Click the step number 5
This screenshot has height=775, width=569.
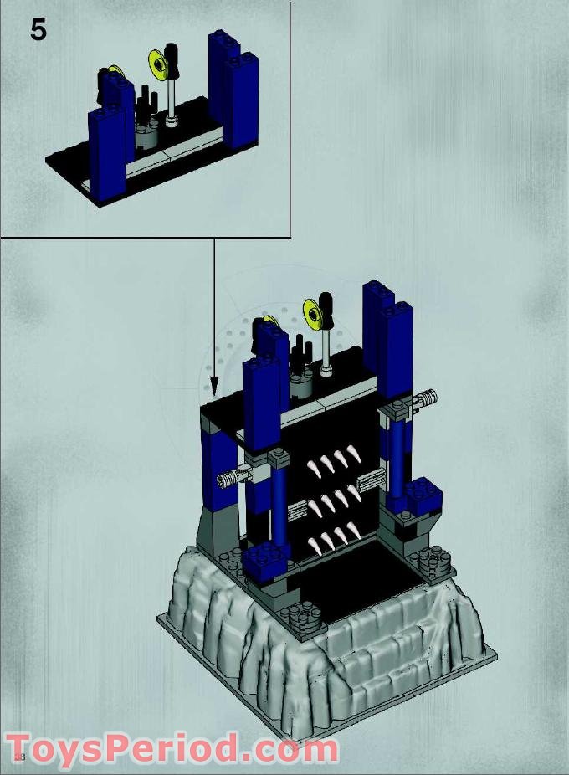point(38,30)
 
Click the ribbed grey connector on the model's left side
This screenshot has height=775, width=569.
point(230,479)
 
